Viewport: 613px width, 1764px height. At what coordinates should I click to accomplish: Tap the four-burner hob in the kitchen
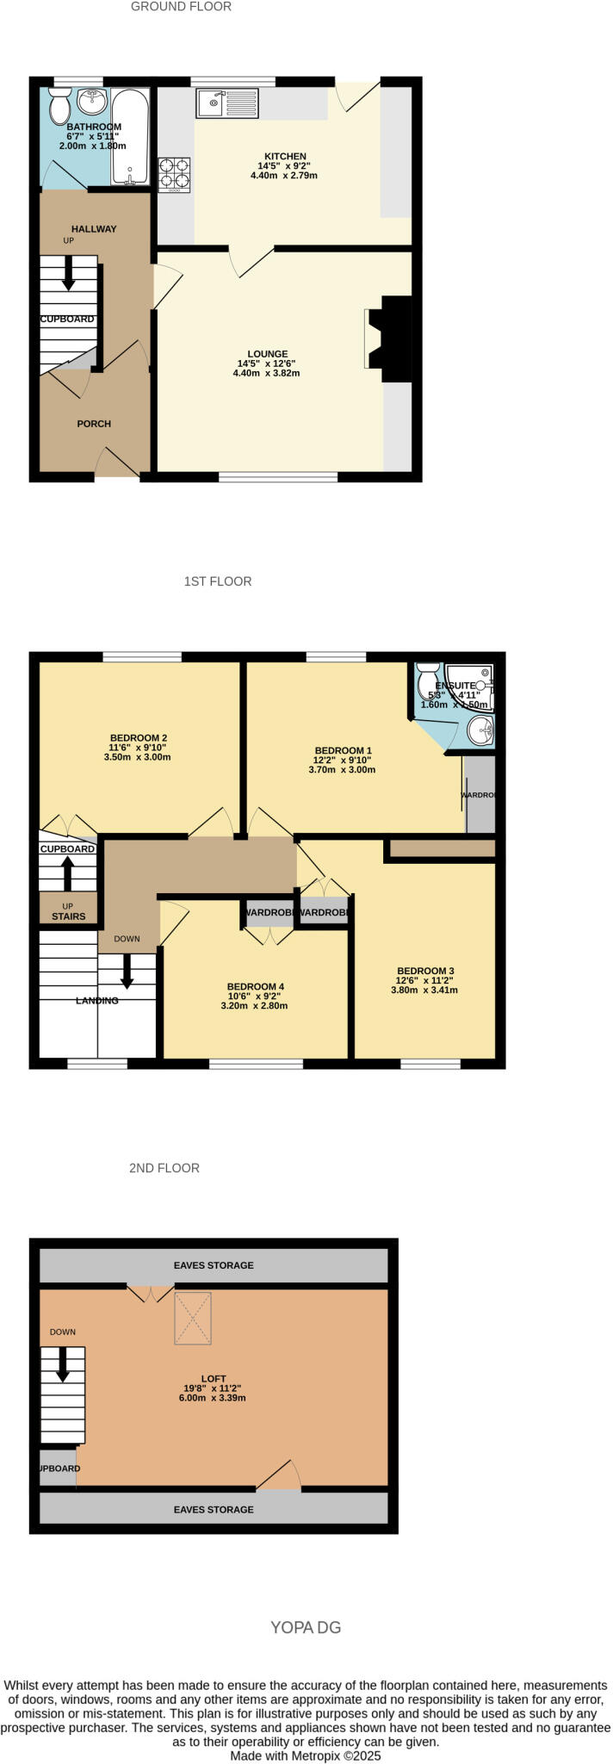pos(174,172)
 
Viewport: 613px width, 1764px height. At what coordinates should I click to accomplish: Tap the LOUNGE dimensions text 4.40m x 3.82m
pos(266,373)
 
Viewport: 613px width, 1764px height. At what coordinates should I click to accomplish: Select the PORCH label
pos(94,424)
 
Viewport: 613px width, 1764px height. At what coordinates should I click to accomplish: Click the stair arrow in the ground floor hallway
pos(68,273)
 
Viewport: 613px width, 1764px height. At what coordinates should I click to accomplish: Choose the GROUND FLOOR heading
pos(181,7)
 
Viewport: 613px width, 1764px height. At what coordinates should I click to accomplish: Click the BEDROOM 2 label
pos(138,737)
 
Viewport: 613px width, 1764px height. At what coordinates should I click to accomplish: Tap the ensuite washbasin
pos(480,731)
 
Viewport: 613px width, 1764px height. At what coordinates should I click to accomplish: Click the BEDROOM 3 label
pos(424,971)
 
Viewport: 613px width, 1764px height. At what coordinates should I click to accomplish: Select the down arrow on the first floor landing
pos(127,971)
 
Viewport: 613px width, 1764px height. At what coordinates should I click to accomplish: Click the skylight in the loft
pos(194,1318)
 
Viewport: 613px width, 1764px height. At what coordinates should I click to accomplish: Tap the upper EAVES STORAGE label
pos(214,1265)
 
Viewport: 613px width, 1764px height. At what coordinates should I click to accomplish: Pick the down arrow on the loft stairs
pos(63,1364)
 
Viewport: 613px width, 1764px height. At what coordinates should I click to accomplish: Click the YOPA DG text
pos(306,1627)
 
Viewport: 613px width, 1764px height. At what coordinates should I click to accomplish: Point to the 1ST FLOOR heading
pos(218,581)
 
